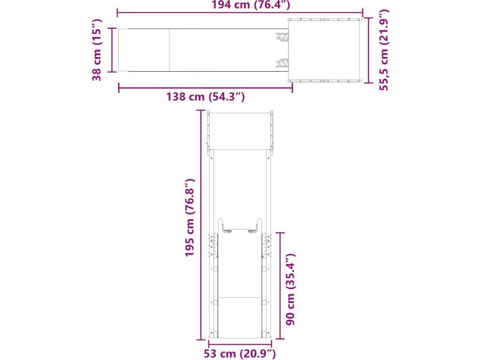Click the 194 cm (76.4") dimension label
(251, 5)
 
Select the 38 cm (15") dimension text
(97, 50)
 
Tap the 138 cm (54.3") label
(205, 97)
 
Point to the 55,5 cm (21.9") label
(383, 50)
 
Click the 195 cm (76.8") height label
(190, 217)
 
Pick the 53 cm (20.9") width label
(240, 354)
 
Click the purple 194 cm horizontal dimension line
(240, 13)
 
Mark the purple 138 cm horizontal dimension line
(205, 88)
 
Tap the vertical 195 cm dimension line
(201, 225)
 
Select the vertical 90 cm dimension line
(280, 285)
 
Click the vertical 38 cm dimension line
(112, 50)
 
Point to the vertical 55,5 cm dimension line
(368, 50)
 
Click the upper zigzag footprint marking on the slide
(282, 37)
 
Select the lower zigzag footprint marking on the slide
(282, 62)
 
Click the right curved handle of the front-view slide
(255, 226)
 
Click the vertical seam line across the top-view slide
(169, 50)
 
